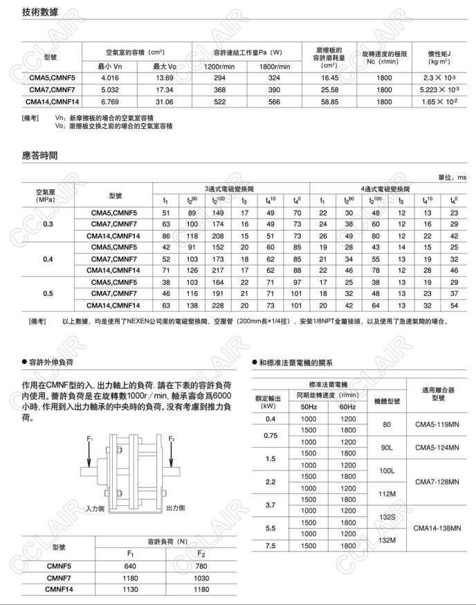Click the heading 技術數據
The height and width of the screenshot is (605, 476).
tap(40, 12)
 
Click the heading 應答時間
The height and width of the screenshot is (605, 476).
tap(40, 155)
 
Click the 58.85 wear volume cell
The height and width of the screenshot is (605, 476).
tap(329, 101)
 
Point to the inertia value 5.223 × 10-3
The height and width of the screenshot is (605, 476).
tap(439, 90)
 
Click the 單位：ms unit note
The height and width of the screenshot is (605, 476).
tap(452, 177)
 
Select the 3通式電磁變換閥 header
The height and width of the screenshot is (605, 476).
tap(230, 188)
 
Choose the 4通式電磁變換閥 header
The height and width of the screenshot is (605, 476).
tap(386, 188)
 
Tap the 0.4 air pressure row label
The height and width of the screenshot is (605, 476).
tap(48, 259)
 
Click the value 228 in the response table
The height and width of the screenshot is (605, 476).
tap(218, 306)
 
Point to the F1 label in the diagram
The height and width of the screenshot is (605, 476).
tap(90, 439)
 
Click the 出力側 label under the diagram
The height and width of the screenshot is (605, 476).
tap(176, 508)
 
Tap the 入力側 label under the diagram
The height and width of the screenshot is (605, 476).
tap(95, 508)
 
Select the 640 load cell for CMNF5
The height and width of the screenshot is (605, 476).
tap(130, 565)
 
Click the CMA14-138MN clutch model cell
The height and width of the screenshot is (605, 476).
tap(435, 528)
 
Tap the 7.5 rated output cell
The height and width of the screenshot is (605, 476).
tap(270, 546)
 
